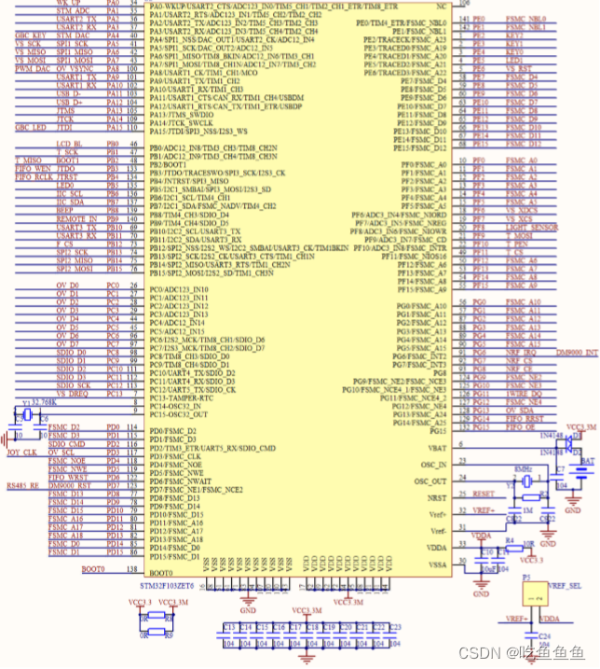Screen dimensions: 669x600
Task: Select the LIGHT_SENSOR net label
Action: coord(531,227)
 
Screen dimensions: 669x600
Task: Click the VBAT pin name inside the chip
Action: coord(435,449)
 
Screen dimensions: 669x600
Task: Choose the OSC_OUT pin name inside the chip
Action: coord(435,481)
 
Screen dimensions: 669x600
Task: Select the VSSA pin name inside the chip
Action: coord(435,564)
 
